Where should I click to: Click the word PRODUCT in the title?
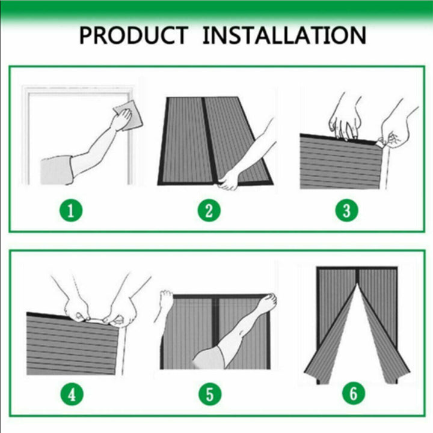134,35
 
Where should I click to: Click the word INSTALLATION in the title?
284,35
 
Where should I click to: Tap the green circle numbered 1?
71,210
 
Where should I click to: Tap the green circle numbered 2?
209,210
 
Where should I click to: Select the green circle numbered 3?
347,210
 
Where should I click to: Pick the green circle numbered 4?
72,394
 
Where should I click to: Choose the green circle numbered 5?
210,394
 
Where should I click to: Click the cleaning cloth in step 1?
129,115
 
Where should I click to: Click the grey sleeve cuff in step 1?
57,171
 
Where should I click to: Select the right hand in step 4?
121,312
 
